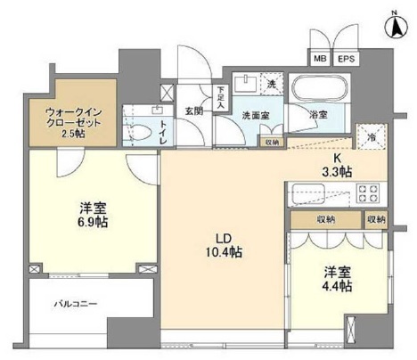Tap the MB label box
(x=318, y=60)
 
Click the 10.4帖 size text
(x=222, y=254)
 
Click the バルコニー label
(x=69, y=305)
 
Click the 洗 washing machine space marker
(x=272, y=84)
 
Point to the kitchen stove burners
(x=368, y=193)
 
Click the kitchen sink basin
(x=307, y=193)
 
